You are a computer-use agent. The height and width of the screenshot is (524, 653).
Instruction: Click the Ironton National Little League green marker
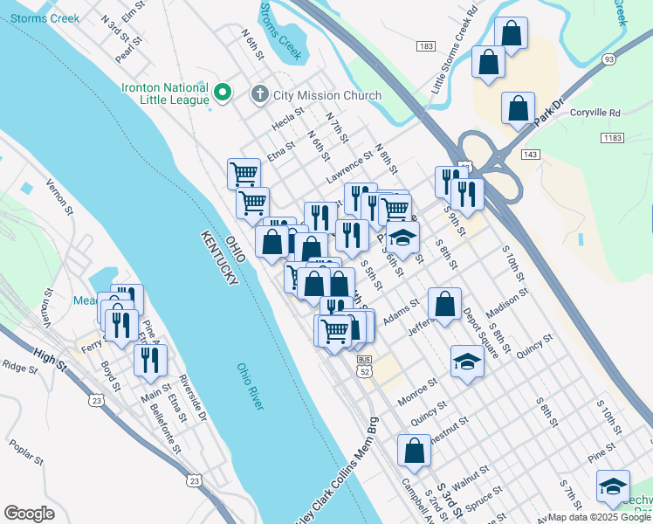click(223, 91)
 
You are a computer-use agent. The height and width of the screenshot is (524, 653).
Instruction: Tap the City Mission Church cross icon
click(259, 94)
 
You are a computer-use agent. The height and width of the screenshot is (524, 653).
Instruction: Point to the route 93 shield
click(608, 59)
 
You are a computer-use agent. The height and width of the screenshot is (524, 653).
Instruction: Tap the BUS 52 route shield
click(365, 366)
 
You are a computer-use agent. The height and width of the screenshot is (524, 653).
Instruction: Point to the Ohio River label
click(251, 387)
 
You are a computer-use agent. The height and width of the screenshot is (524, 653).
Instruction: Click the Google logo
click(29, 514)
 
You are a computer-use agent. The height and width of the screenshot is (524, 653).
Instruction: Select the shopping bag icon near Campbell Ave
click(414, 451)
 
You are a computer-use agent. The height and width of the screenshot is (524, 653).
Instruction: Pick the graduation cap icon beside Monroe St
click(467, 362)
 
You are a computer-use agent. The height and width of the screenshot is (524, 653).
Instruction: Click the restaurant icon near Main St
click(151, 360)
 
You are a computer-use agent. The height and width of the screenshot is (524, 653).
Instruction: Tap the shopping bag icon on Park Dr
click(519, 109)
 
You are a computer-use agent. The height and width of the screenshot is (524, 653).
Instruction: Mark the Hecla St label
click(287, 118)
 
